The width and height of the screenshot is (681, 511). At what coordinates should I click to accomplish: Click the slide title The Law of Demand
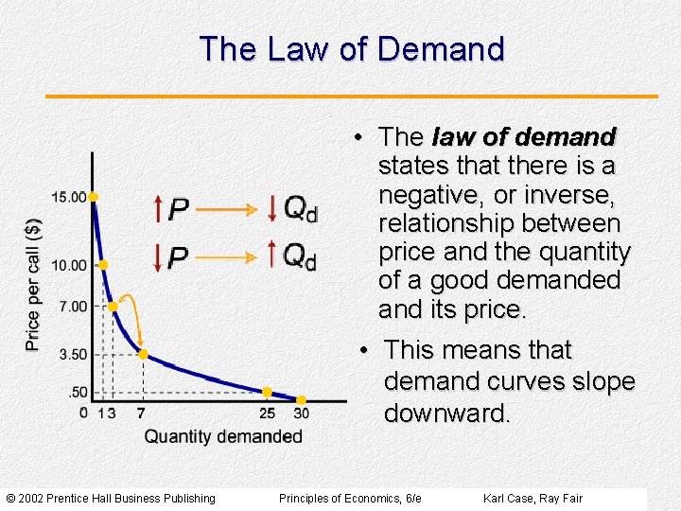pyautogui.click(x=352, y=49)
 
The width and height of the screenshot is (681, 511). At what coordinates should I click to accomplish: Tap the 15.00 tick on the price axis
pyautogui.click(x=68, y=197)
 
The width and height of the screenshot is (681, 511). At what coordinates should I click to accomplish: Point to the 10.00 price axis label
pyautogui.click(x=68, y=265)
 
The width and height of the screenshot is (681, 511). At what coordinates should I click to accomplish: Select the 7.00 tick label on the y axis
pyautogui.click(x=71, y=307)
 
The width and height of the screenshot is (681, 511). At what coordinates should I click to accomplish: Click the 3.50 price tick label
pyautogui.click(x=71, y=354)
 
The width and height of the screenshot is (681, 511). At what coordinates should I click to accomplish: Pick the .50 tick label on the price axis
pyautogui.click(x=77, y=392)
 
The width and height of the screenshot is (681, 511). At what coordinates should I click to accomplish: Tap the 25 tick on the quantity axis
pyautogui.click(x=267, y=413)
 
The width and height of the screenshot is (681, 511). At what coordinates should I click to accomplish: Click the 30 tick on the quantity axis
pyautogui.click(x=301, y=413)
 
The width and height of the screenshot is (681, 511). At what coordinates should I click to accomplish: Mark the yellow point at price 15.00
pyautogui.click(x=94, y=197)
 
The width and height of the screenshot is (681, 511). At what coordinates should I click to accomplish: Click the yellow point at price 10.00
pyautogui.click(x=102, y=265)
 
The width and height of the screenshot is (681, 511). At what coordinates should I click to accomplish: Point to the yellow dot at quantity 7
pyautogui.click(x=143, y=354)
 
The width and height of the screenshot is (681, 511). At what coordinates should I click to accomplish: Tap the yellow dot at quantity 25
pyautogui.click(x=267, y=391)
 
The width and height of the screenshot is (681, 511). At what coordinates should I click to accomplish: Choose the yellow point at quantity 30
pyautogui.click(x=301, y=399)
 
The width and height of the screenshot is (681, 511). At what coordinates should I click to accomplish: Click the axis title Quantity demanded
pyautogui.click(x=223, y=436)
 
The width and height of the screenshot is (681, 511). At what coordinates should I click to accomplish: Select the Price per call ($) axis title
pyautogui.click(x=34, y=284)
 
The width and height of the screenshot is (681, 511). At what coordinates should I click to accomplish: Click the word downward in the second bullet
pyautogui.click(x=446, y=414)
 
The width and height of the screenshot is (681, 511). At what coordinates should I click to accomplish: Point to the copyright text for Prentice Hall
pyautogui.click(x=111, y=498)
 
